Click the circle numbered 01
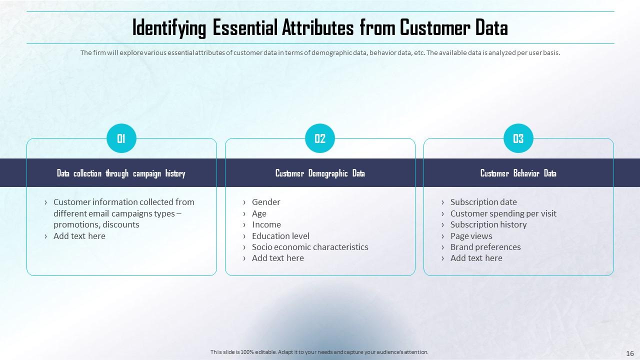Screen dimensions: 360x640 pos(121,138)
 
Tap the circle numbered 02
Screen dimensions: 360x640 pos(320,138)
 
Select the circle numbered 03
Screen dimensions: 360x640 pos(518,138)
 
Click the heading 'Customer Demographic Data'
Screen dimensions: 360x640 pos(320,173)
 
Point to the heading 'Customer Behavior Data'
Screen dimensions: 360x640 pos(518,173)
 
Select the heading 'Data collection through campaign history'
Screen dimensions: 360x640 pos(121,173)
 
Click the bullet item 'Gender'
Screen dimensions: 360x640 pos(266,202)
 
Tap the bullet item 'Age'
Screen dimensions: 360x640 pos(259,213)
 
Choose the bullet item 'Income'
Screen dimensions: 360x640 pos(266,224)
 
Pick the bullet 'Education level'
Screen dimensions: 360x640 pos(280,236)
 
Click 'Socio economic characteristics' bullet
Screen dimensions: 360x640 pos(310,247)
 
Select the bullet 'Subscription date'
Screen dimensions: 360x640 pos(483,202)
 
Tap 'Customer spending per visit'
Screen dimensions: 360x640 pos(503,213)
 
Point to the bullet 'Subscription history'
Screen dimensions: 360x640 pos(488,224)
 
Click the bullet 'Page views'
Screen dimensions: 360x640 pos(471,236)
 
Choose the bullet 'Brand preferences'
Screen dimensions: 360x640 pos(485,247)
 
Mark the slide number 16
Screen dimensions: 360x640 pos(630,353)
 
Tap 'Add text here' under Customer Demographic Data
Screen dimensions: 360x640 pos(277,258)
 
